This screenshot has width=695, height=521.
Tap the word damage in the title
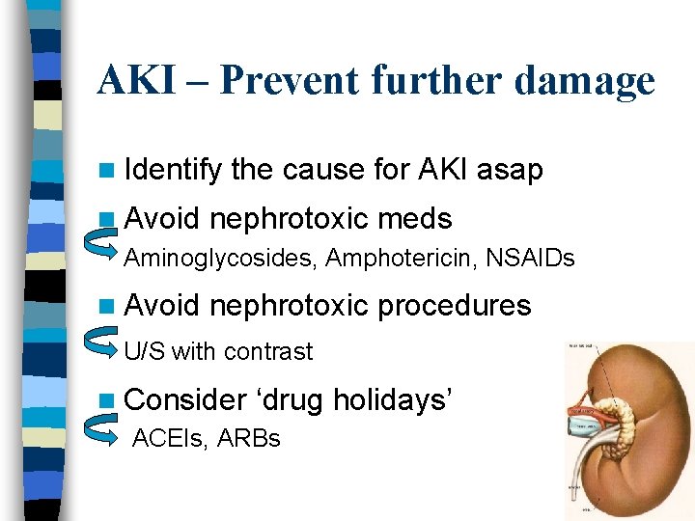[x=584, y=81]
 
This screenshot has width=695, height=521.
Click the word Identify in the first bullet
[x=174, y=171]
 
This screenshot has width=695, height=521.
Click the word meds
[x=415, y=219]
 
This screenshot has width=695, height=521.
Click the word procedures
[x=455, y=306]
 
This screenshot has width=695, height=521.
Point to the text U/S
[x=145, y=351]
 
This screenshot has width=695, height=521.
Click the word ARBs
[x=249, y=439]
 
